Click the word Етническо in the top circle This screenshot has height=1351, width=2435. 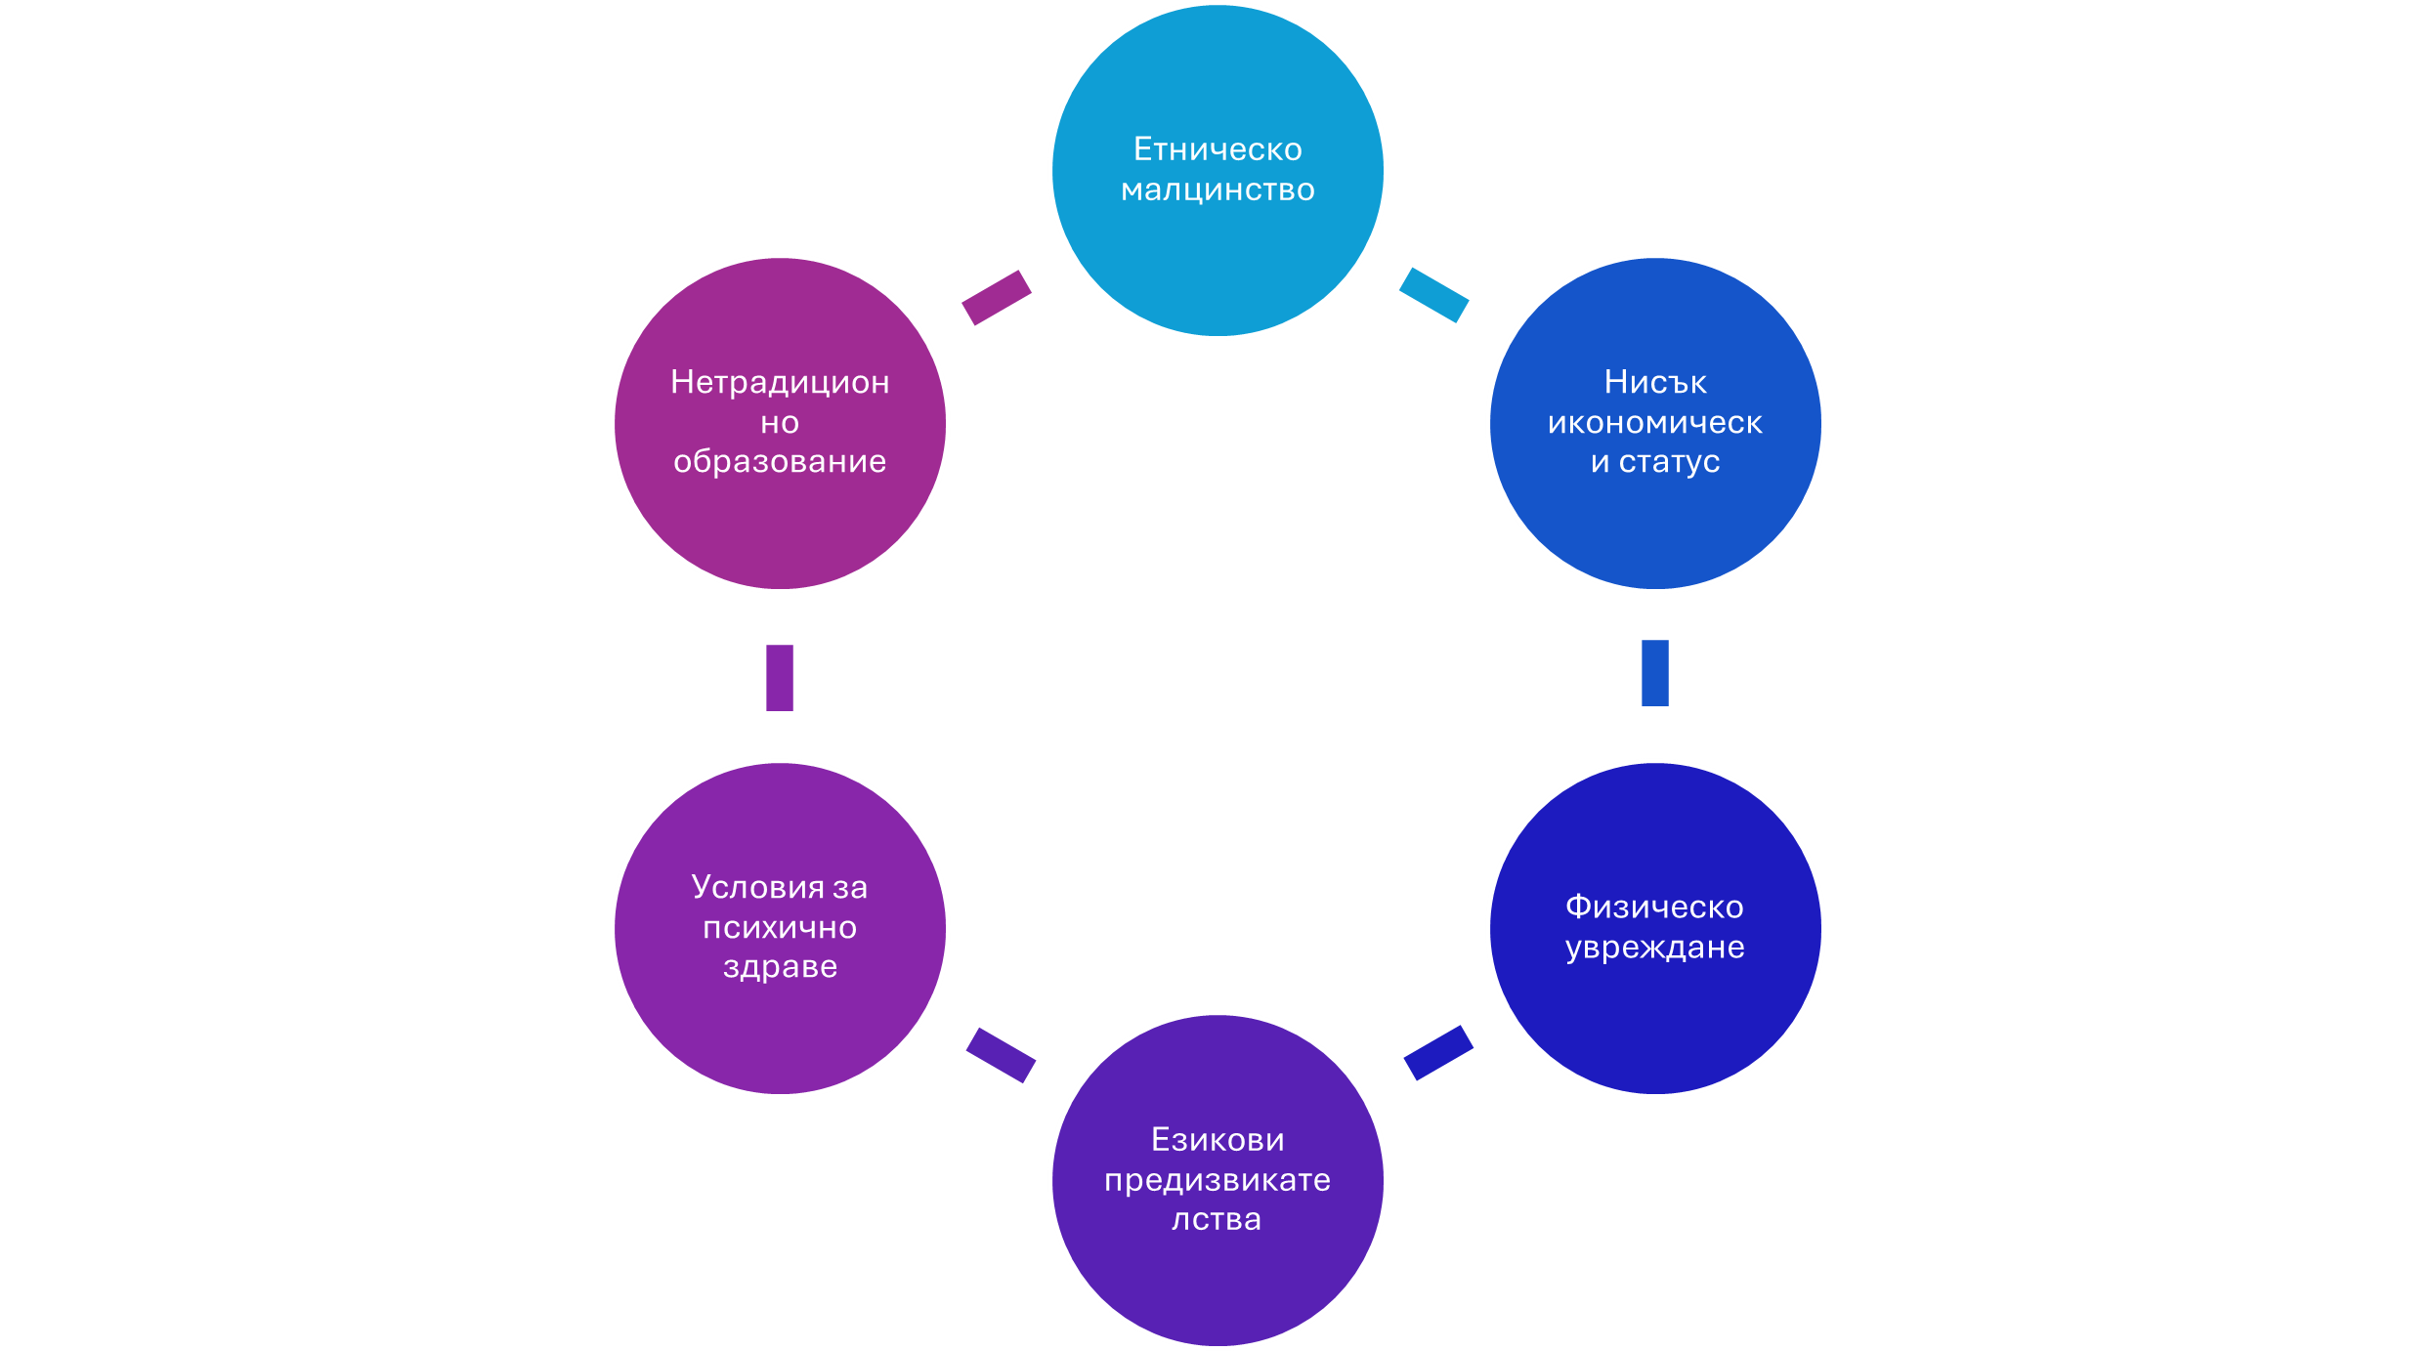pos(1217,149)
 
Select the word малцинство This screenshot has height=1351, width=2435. pos(1217,190)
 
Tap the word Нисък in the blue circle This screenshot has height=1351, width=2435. pos(1655,382)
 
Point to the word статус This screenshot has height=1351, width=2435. pos(1669,461)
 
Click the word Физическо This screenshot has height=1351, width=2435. pos(1654,907)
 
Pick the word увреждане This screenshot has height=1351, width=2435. pos(1654,947)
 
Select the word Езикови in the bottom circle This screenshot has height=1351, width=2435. pos(1217,1139)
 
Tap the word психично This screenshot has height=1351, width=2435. pos(780,927)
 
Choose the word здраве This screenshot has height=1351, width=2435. pos(780,966)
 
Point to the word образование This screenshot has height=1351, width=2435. pos(780,461)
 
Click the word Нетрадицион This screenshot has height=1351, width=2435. pos(780,382)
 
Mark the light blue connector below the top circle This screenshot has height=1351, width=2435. pos(1433,295)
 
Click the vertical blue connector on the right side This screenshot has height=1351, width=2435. pos(1655,673)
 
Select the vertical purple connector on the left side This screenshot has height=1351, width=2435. pos(780,678)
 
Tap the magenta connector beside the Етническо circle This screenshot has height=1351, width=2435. pos(997,297)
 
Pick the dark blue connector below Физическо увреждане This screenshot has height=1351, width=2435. pos(1438,1053)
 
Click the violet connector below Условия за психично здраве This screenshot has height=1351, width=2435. pos(1001,1055)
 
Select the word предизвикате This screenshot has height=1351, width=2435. pos(1217,1180)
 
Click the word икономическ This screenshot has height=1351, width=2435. pos(1655,422)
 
